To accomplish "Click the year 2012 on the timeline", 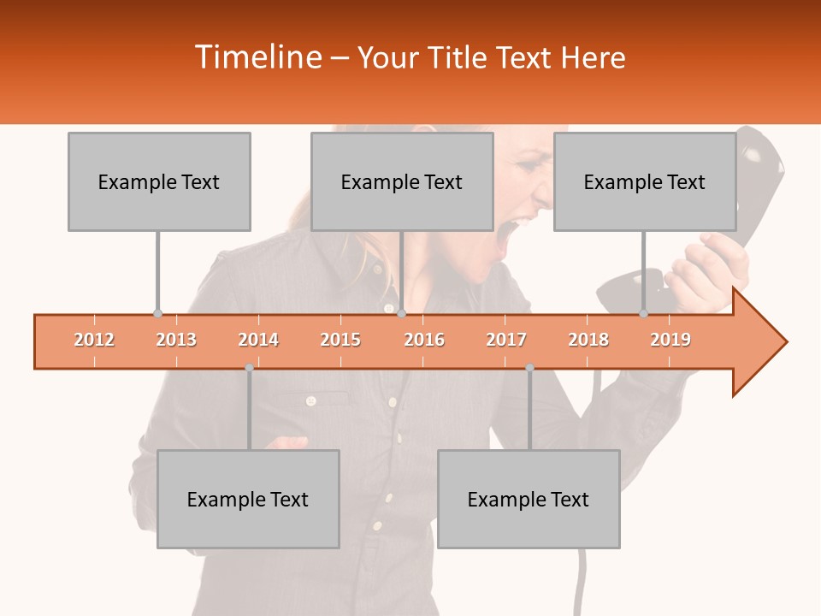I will coord(94,340).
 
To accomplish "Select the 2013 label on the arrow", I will coord(176,340).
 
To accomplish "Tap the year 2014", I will coord(258,340).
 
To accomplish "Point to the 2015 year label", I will coord(340,340).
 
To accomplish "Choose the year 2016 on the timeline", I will coord(424,340).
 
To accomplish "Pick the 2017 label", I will coord(506,340).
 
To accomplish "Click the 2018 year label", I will coord(588,340).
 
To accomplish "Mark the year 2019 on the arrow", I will coord(670,340).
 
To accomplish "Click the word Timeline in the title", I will coord(257,57).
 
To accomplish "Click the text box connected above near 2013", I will coord(159,181).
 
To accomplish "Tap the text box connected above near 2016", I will coord(402,181).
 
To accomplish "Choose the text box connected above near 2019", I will coord(645,181).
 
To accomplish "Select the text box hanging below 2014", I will coord(248,499).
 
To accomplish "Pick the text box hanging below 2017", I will coord(529,499).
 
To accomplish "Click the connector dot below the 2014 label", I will coord(249,367).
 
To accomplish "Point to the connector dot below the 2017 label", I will coord(529,367).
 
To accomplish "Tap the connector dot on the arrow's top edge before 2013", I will coord(157,313).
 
